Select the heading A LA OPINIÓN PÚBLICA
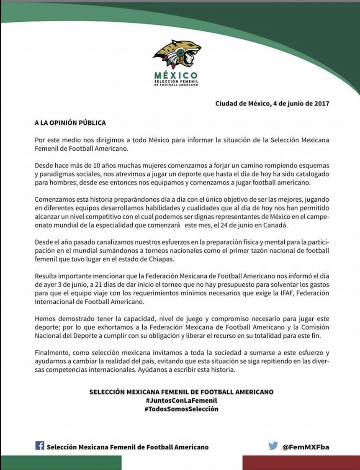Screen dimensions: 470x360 [x=70, y=123]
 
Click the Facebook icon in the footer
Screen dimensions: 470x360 [x=40, y=446]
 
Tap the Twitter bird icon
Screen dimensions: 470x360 [x=273, y=446]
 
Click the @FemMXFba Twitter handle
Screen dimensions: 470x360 [x=306, y=447]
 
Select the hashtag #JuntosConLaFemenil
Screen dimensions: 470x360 [x=181, y=401]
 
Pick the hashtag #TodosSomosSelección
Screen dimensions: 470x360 [x=181, y=409]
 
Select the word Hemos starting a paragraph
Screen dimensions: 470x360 [x=44, y=316]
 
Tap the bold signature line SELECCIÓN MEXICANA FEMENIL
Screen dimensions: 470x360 [x=181, y=392]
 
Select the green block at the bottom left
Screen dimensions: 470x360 [x=61, y=463]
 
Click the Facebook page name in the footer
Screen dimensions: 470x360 [x=127, y=447]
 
